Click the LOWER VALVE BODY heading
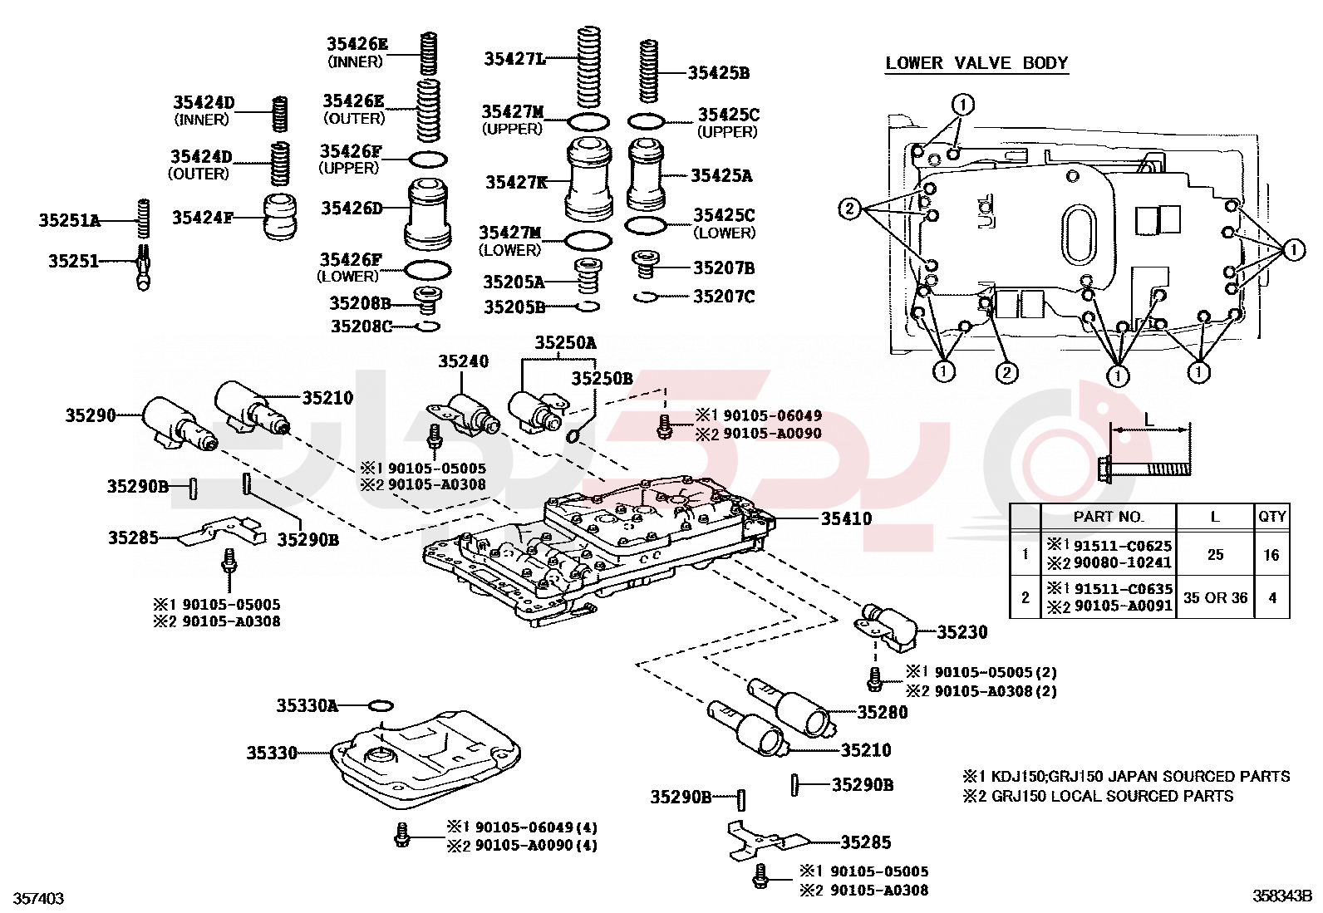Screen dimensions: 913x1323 click(976, 63)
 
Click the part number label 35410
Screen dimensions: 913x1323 click(846, 518)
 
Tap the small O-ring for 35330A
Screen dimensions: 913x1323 click(380, 706)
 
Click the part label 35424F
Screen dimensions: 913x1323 click(202, 218)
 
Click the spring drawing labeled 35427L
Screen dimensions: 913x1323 click(589, 66)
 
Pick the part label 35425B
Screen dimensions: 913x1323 click(718, 73)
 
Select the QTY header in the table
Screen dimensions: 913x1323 click(1271, 516)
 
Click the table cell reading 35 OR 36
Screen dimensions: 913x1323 click(1215, 597)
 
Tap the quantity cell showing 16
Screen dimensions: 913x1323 click(1271, 555)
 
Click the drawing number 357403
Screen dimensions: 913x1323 click(38, 898)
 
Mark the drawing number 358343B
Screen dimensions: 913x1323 click(1282, 896)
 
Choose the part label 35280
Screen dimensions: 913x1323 click(883, 712)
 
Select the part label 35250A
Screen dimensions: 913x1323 click(565, 342)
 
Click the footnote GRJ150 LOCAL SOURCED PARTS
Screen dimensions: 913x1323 click(1112, 796)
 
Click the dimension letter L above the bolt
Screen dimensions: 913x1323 click(1149, 420)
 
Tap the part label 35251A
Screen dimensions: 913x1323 click(69, 220)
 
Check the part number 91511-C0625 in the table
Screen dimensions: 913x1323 click(1123, 546)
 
